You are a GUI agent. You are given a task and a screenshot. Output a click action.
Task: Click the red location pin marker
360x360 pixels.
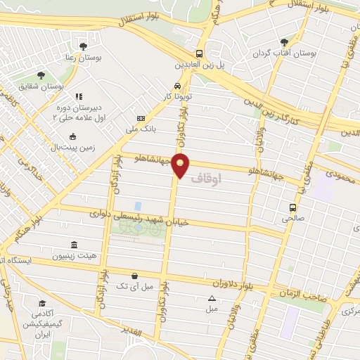point(181,165)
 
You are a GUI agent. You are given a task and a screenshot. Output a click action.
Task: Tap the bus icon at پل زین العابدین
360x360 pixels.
point(199,53)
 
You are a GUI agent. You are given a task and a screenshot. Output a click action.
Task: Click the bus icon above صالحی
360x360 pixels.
point(293,207)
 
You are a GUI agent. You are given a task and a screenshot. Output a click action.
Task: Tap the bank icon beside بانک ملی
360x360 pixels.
point(141,118)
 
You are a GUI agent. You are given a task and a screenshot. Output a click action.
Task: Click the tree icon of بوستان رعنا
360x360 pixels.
point(83,46)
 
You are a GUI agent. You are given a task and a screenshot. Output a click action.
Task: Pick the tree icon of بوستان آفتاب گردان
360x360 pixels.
point(284,42)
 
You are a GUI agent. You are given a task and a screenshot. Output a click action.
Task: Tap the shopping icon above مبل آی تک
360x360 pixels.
point(134,276)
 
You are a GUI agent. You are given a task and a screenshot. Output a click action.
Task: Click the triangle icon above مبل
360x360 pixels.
point(212,298)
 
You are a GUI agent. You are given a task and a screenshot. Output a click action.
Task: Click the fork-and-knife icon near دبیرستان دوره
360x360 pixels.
point(79,96)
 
